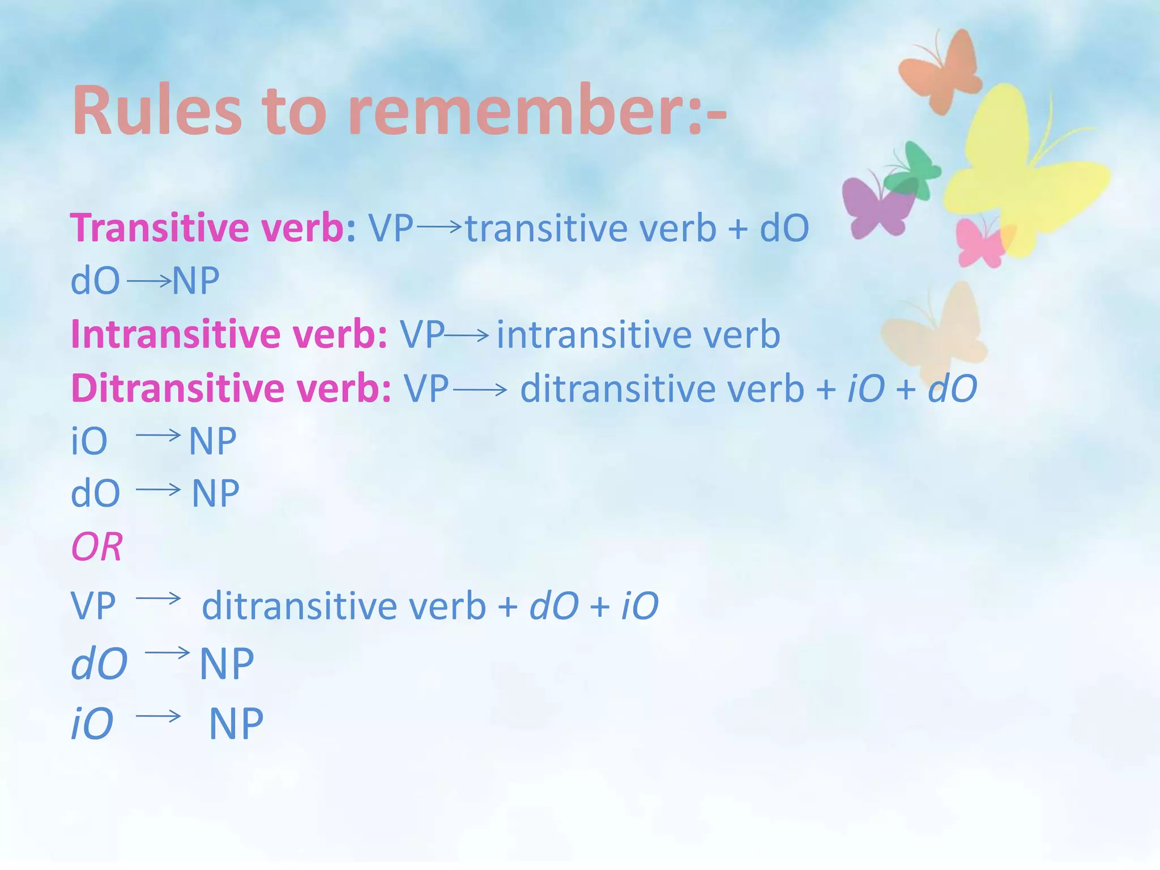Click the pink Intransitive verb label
pyautogui.click(x=229, y=334)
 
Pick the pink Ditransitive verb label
pyautogui.click(x=231, y=389)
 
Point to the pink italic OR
pyautogui.click(x=97, y=547)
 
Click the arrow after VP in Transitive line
pyautogui.click(x=439, y=227)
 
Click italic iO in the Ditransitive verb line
pyautogui.click(x=865, y=389)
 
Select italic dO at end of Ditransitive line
pyautogui.click(x=952, y=389)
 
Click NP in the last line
pyautogui.click(x=236, y=724)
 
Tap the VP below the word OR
pyautogui.click(x=93, y=605)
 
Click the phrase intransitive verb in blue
pyautogui.click(x=638, y=334)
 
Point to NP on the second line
pyautogui.click(x=195, y=280)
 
